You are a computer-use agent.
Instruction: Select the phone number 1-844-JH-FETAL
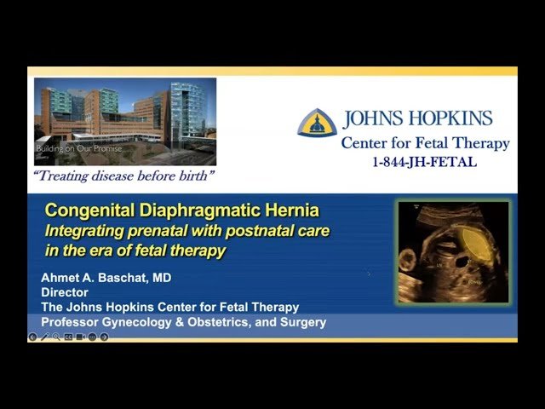coord(424,162)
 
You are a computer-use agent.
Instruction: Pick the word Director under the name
coord(65,292)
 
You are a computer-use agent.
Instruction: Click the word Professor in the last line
coord(74,321)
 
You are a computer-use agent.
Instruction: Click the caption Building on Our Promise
coord(79,149)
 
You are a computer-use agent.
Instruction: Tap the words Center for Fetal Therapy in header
coord(425,143)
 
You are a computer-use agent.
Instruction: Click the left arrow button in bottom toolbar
coord(33,337)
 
